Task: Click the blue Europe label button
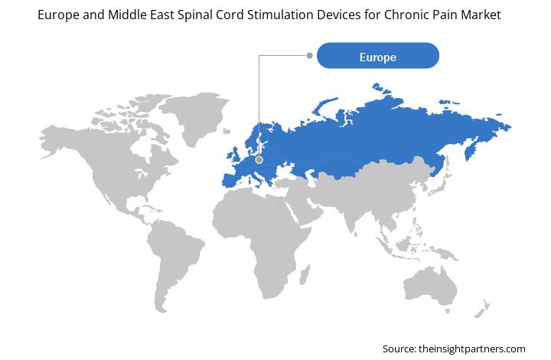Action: [x=378, y=56]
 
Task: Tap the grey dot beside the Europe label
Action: [x=310, y=55]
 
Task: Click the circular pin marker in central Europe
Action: [x=259, y=160]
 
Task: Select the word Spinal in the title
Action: [x=196, y=15]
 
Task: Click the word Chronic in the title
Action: [x=406, y=15]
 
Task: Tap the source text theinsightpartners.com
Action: [x=471, y=349]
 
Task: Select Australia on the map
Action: [x=430, y=286]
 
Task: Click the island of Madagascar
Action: [x=305, y=274]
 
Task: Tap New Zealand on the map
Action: [x=482, y=309]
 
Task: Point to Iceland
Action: [x=227, y=132]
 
